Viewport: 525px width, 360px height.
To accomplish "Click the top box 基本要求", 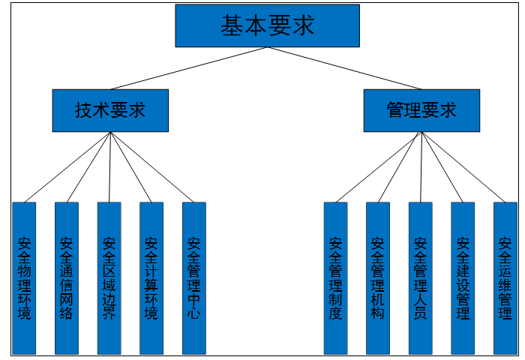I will [x=267, y=25].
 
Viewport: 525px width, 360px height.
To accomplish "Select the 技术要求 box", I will [x=110, y=110].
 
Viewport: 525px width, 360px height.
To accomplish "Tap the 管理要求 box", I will [x=421, y=110].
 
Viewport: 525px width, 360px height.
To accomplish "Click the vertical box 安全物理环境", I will [x=24, y=277].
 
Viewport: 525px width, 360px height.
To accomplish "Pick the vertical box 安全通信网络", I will [x=67, y=277].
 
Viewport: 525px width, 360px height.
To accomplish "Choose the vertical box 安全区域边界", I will [x=109, y=277].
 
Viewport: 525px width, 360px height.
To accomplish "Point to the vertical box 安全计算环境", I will [x=151, y=277].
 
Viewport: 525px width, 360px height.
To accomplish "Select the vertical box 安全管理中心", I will [x=193, y=277].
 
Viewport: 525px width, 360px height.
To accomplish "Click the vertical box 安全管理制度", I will [x=335, y=277].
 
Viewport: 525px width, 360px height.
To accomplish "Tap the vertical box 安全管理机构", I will [x=377, y=277].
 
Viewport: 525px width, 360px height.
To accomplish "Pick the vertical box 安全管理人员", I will [x=420, y=277].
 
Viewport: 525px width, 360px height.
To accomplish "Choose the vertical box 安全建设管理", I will [x=462, y=277].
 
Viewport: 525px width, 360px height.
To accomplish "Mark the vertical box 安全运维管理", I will [x=505, y=277].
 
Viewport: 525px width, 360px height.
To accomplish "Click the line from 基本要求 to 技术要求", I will [x=189, y=68].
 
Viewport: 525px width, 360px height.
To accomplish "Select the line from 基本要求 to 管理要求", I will [x=344, y=68].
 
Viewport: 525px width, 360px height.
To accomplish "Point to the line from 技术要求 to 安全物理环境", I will [x=67, y=166].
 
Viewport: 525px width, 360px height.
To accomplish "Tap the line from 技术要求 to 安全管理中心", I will [x=152, y=166].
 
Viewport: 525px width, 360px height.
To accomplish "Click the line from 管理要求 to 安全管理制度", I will [x=379, y=166].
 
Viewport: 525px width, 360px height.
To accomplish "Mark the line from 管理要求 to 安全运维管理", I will [x=463, y=166].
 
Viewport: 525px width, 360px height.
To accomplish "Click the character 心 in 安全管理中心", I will [x=193, y=313].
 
